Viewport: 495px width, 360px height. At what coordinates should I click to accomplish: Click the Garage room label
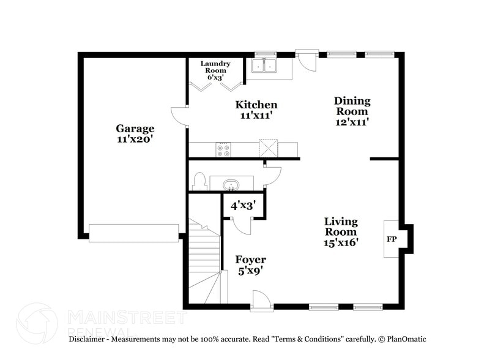[x=135, y=129]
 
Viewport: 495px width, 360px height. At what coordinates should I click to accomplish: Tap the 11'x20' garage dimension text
[x=135, y=139]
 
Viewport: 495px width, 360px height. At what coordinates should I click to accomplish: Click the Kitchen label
[x=256, y=105]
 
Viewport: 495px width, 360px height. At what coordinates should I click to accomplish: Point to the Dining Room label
[x=352, y=106]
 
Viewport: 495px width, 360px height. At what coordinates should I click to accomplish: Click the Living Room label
[x=341, y=227]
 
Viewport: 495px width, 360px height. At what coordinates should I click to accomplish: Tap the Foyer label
[x=251, y=260]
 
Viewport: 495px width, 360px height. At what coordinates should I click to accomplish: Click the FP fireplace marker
[x=391, y=239]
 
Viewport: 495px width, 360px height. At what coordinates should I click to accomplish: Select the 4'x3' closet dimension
[x=243, y=206]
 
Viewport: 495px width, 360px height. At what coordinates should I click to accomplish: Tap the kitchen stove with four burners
[x=223, y=150]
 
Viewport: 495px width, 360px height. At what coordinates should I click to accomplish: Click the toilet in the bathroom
[x=199, y=181]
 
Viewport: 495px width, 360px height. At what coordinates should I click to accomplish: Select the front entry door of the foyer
[x=261, y=301]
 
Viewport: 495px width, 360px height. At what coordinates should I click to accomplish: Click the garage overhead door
[x=133, y=233]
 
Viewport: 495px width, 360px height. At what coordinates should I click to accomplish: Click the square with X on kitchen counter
[x=269, y=149]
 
